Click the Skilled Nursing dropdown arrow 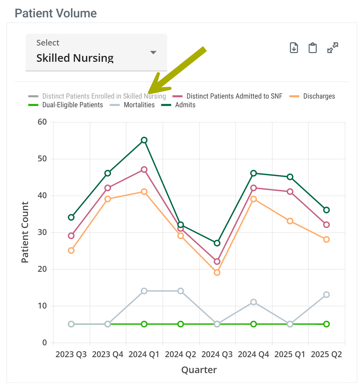(153, 52)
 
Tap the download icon (294, 48)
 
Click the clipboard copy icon (313, 48)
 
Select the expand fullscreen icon (333, 48)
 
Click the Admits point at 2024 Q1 (144, 140)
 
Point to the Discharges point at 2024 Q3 (217, 272)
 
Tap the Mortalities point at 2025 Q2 (326, 295)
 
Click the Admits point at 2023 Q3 (71, 217)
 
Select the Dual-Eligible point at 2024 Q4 (254, 324)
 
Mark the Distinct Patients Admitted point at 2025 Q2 (326, 225)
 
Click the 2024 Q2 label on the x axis (180, 355)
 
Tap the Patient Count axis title (25, 232)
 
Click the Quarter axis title (199, 370)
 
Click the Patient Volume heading (55, 13)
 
